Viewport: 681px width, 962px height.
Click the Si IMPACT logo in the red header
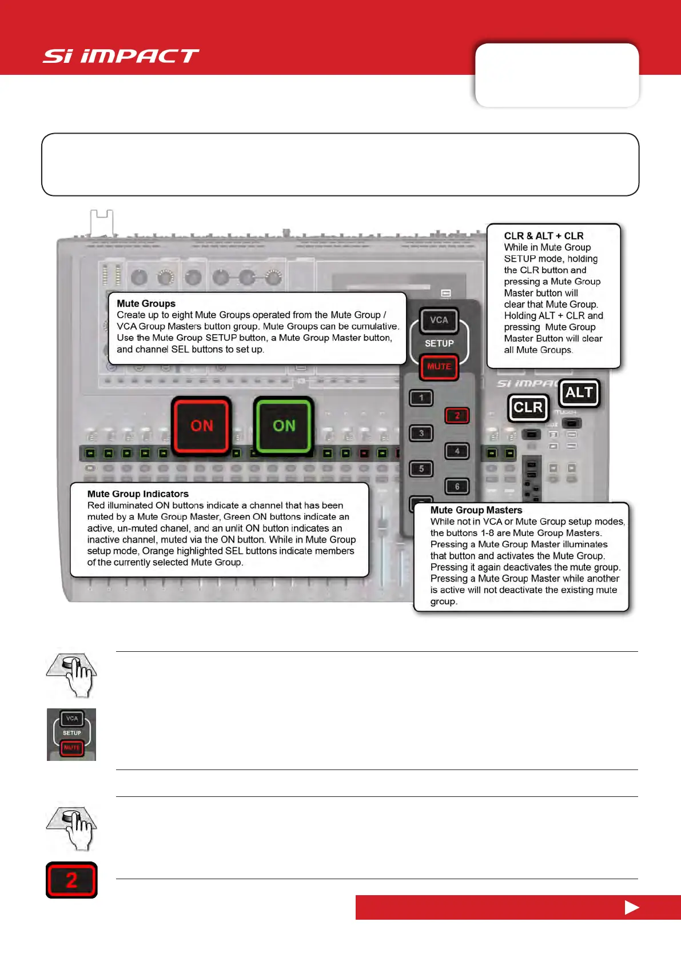(x=121, y=56)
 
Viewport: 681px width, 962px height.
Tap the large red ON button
(x=201, y=426)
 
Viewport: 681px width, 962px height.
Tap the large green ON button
(x=284, y=426)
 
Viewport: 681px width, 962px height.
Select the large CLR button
(x=528, y=407)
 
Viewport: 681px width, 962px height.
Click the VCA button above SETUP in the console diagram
(x=439, y=320)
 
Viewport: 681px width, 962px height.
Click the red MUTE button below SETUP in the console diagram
(x=439, y=367)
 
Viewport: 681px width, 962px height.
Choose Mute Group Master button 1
(x=421, y=398)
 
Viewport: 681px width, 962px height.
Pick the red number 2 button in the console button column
(x=457, y=415)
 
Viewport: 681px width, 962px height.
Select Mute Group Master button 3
(x=421, y=433)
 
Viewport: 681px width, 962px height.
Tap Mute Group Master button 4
(x=457, y=451)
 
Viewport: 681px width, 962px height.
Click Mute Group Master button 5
(x=421, y=468)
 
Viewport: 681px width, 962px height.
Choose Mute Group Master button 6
(x=457, y=486)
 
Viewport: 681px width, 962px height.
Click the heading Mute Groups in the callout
(x=146, y=303)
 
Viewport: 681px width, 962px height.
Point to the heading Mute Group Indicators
(x=138, y=494)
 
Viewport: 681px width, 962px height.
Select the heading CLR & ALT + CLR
(x=543, y=235)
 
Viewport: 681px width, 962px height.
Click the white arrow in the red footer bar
(x=631, y=907)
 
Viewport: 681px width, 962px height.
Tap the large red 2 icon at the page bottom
(x=71, y=880)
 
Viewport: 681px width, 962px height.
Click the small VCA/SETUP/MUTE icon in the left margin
(x=71, y=734)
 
